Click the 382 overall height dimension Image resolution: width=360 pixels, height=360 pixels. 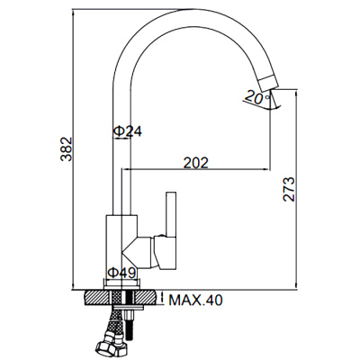pos(67,149)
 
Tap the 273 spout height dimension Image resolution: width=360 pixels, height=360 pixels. pos(289,189)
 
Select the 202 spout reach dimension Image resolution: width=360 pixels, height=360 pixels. pos(195,163)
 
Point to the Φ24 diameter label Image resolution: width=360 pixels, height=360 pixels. pos(128,131)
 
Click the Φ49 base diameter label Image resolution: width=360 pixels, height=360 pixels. pos(121,273)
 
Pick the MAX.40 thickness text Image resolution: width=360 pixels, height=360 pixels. pos(195,300)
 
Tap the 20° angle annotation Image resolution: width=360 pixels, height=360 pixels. pos(257,97)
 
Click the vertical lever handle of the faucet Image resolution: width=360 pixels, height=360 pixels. pos(171,214)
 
